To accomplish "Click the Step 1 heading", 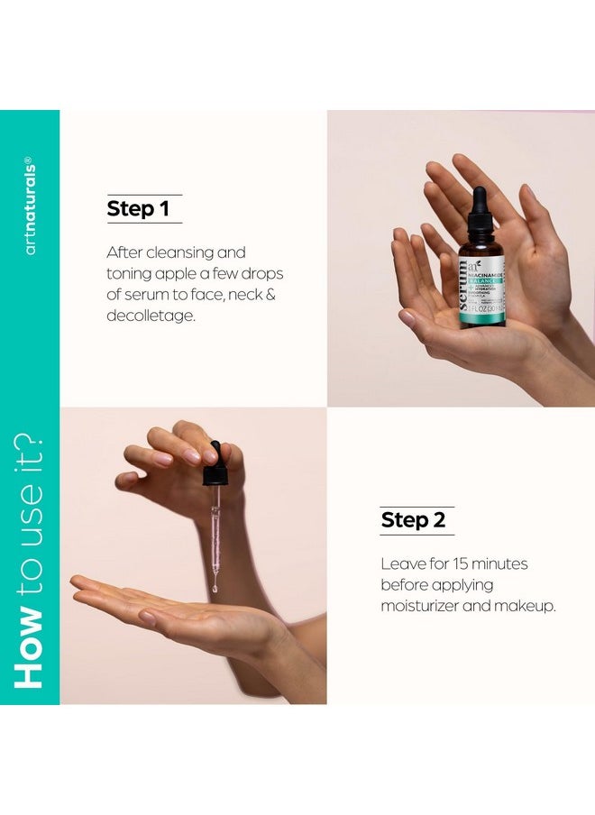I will (x=138, y=209).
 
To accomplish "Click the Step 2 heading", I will (x=413, y=520).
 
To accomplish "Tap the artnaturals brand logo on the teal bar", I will (x=31, y=206).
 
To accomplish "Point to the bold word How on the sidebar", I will (x=30, y=648).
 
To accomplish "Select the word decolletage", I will (x=151, y=316).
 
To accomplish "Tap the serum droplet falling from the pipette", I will (x=215, y=588).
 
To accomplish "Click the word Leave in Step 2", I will (x=401, y=563).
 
